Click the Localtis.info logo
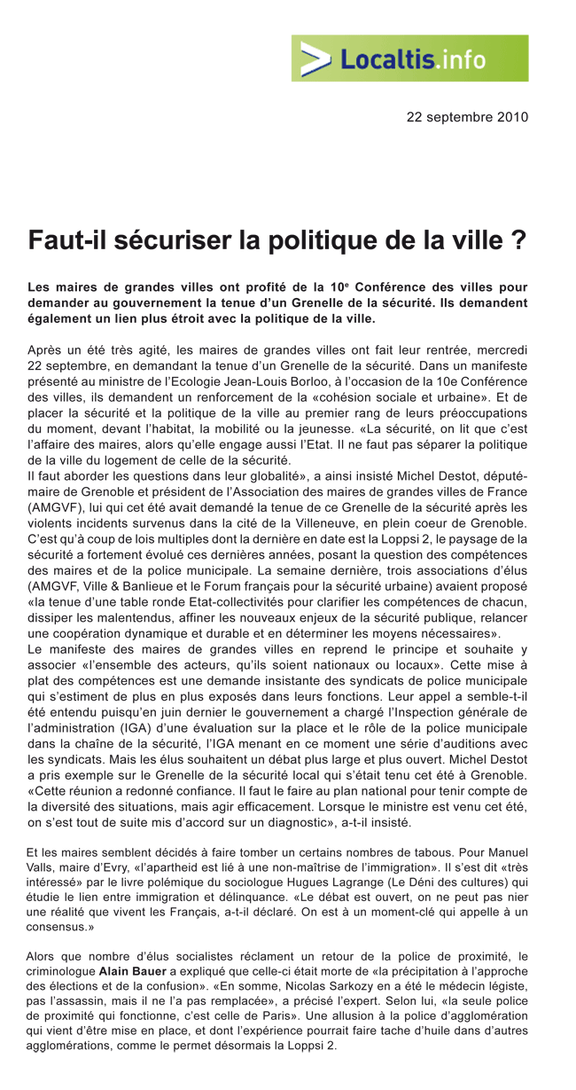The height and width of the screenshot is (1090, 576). point(409,59)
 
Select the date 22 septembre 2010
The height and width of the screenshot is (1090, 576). point(467,116)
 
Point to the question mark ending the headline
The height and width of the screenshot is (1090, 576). point(520,240)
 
